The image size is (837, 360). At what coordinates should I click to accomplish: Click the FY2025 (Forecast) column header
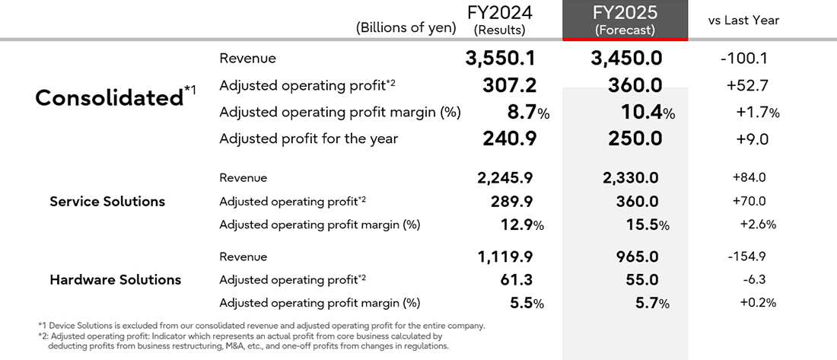pos(625,21)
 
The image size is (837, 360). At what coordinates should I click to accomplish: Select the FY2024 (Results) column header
pos(499,21)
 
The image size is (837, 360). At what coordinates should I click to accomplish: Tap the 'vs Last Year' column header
pos(743,21)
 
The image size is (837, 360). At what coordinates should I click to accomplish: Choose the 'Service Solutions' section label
pos(107,202)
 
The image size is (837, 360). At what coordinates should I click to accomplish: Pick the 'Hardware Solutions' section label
pos(115,280)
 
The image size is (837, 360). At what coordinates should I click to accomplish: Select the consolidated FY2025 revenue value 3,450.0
pos(625,59)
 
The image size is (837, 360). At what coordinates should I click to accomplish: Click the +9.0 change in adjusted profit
pos(752,139)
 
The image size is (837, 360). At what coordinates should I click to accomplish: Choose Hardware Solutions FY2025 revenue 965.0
pos(635,257)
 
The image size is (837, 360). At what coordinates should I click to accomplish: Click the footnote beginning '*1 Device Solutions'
pos(262,326)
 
